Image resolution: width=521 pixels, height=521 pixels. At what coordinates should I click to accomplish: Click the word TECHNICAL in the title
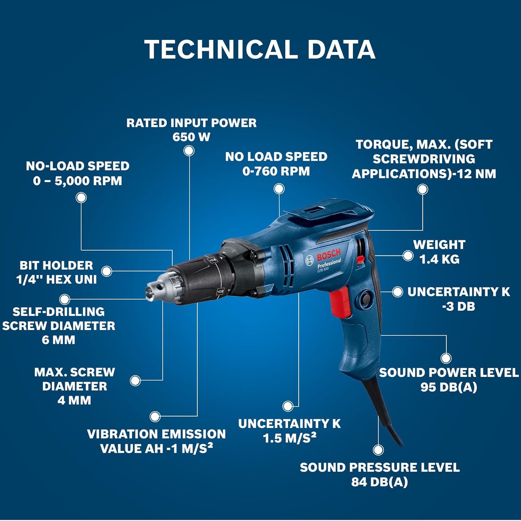pyautogui.click(x=221, y=49)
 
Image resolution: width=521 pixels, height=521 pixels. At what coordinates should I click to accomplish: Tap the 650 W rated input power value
pyautogui.click(x=191, y=137)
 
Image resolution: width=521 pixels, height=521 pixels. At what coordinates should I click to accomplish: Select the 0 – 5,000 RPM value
pyautogui.click(x=77, y=181)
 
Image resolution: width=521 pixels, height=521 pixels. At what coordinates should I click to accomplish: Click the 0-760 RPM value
pyautogui.click(x=276, y=171)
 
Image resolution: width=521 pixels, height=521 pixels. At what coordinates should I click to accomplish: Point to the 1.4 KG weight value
pyautogui.click(x=439, y=259)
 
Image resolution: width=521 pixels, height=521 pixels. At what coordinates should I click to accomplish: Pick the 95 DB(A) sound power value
pyautogui.click(x=449, y=387)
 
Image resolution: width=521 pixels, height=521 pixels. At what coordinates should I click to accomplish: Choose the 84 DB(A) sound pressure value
pyautogui.click(x=379, y=482)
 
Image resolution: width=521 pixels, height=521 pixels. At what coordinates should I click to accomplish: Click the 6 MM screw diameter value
pyautogui.click(x=58, y=340)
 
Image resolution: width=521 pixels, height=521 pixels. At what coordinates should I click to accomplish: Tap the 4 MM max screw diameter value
pyautogui.click(x=74, y=400)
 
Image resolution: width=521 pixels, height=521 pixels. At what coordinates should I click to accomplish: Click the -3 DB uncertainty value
pyautogui.click(x=458, y=306)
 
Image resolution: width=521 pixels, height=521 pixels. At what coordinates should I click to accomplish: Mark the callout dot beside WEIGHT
pyautogui.click(x=408, y=256)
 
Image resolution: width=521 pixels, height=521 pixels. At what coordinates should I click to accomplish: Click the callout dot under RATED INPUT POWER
pyautogui.click(x=189, y=151)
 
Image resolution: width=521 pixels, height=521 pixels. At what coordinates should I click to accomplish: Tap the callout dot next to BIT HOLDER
pyautogui.click(x=107, y=271)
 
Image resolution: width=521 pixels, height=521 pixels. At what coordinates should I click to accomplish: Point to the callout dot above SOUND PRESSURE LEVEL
pyautogui.click(x=378, y=450)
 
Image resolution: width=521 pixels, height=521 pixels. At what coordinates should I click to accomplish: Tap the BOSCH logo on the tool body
pyautogui.click(x=328, y=256)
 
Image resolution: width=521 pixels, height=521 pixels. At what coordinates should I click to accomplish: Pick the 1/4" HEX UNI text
pyautogui.click(x=57, y=280)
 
